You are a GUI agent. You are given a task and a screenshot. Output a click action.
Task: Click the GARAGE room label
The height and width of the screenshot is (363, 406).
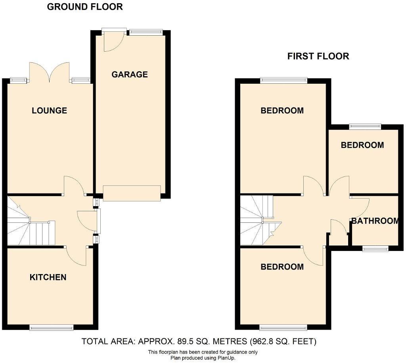(129, 75)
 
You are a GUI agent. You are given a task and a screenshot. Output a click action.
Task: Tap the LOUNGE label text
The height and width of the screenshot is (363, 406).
(49, 111)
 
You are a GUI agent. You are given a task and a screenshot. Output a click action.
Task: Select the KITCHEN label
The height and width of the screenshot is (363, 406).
(48, 277)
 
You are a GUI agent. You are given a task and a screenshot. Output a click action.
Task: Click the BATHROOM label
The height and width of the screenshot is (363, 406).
(375, 221)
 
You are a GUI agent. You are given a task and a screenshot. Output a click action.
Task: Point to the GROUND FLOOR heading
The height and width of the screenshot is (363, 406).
(85, 7)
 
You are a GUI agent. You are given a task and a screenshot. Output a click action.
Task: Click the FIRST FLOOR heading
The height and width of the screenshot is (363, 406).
(318, 56)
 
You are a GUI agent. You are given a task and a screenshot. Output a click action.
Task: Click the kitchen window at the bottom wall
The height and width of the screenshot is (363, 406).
(52, 328)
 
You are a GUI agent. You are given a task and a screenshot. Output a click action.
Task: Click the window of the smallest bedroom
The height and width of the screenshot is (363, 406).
(365, 127)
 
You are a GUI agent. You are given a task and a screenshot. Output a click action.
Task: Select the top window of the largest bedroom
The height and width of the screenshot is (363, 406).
(284, 81)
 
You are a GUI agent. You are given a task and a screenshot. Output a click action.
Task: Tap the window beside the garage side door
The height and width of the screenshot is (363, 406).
(146, 32)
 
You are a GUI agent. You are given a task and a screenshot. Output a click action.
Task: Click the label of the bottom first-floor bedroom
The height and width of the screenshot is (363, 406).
(282, 267)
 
